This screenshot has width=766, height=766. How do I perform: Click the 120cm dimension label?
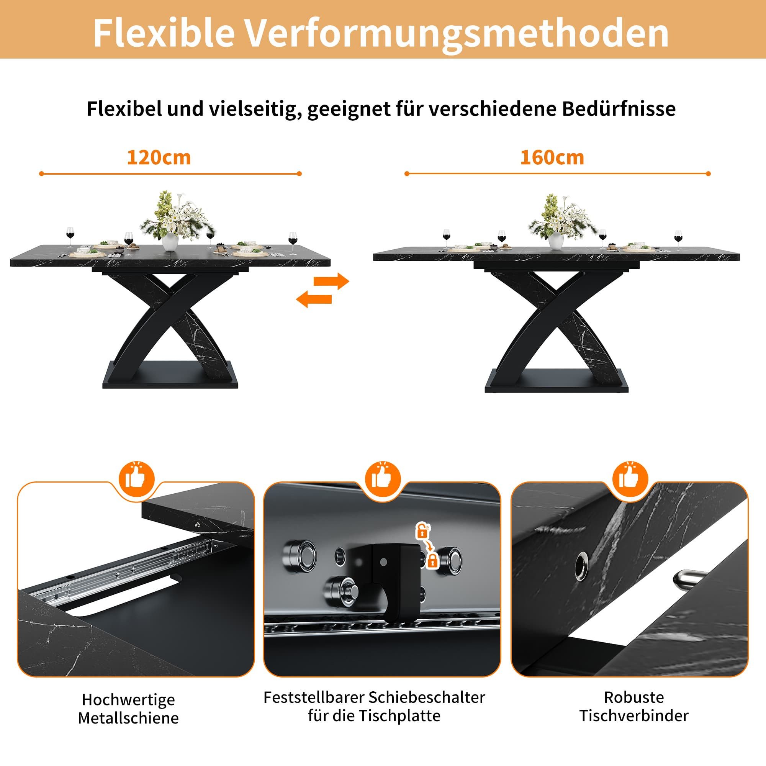pos(159,158)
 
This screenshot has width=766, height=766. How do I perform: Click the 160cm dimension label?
pos(552,158)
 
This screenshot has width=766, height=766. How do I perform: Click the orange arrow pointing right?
pos(331,282)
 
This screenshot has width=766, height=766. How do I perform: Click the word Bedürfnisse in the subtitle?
pos(619,109)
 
